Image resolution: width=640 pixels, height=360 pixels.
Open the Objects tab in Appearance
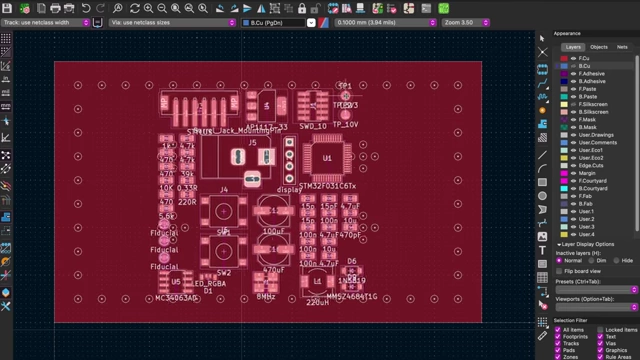pyautogui.click(x=598, y=47)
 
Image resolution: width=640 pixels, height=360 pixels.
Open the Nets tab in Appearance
pyautogui.click(x=622, y=47)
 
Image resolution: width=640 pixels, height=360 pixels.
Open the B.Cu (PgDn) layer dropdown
pyautogui.click(x=275, y=21)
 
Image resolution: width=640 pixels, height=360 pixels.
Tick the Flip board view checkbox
pyautogui.click(x=560, y=271)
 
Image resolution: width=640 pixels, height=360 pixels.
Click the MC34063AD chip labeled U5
pyautogui.click(x=176, y=283)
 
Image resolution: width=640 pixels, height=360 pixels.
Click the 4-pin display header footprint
pyautogui.click(x=289, y=159)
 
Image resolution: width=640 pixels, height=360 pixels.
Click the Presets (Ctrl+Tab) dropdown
pyautogui.click(x=596, y=290)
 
